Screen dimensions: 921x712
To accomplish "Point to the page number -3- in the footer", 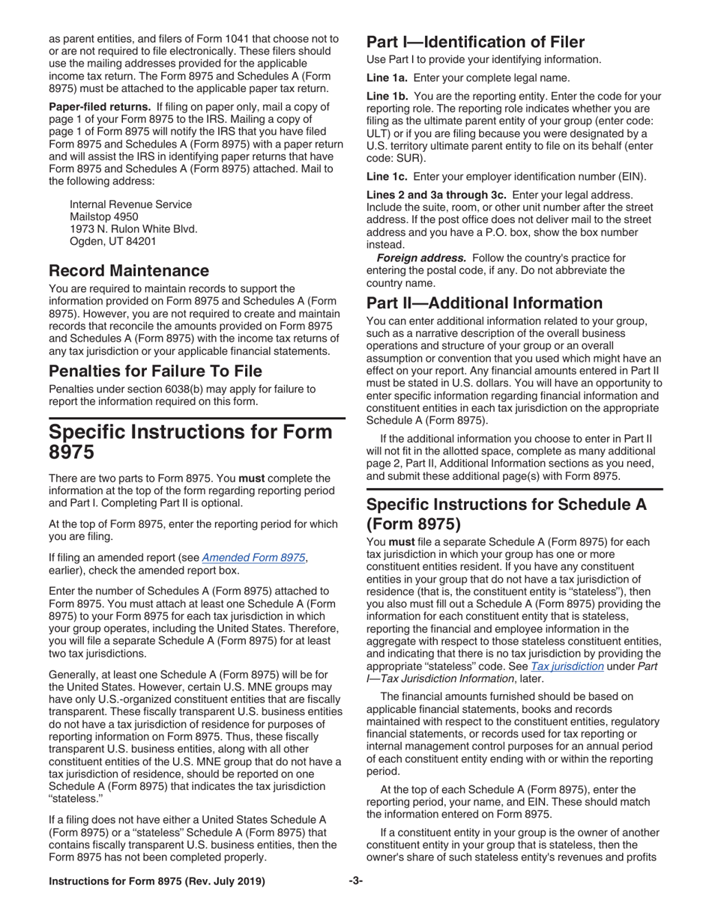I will tap(355, 902).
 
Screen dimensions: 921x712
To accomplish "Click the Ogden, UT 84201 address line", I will tap(113, 241).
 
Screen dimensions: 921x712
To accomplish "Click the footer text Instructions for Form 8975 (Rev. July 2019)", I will tap(157, 902).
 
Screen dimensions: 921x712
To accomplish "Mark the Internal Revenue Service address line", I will tap(130, 204).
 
